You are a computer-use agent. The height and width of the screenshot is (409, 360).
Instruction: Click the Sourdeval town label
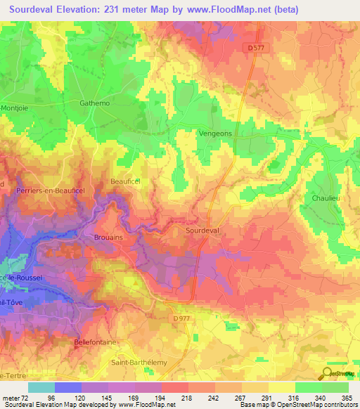(202, 230)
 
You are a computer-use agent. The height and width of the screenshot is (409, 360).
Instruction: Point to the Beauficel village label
(125, 181)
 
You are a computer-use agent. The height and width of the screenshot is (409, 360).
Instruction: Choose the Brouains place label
(109, 238)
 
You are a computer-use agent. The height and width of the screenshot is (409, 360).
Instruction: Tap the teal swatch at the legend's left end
(41, 387)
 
